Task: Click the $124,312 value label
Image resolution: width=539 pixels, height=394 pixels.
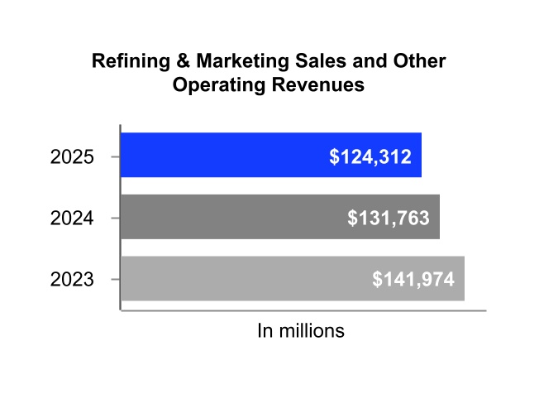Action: coord(370,156)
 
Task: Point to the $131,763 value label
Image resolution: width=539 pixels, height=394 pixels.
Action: coord(388,218)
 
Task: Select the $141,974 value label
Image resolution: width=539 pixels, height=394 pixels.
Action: coord(413,280)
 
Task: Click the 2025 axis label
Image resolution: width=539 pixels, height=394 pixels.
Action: coord(72,156)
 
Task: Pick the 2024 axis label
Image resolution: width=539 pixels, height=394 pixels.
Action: coord(72,218)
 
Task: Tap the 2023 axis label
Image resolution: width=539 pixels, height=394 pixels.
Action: coord(72,280)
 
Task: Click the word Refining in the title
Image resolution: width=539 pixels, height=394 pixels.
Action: coord(126,62)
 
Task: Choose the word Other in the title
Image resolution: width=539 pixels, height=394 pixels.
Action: coord(422,62)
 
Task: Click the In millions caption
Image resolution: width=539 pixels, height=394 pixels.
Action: coord(301,331)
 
